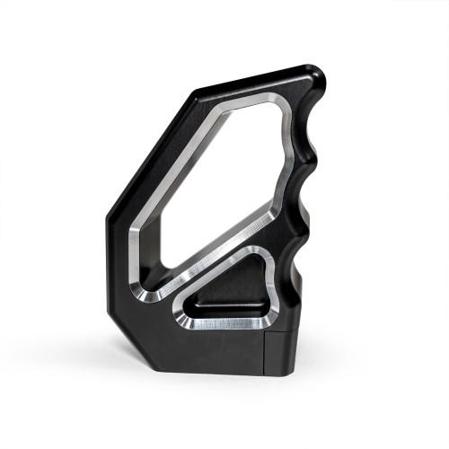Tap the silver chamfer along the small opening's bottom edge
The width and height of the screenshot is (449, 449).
229,324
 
